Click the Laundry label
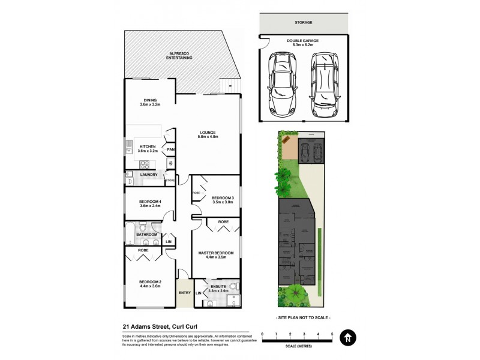(x=148, y=175)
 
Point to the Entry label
(x=185, y=292)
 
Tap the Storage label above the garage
(x=303, y=22)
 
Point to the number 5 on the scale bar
(x=332, y=334)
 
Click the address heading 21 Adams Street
(x=160, y=326)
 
